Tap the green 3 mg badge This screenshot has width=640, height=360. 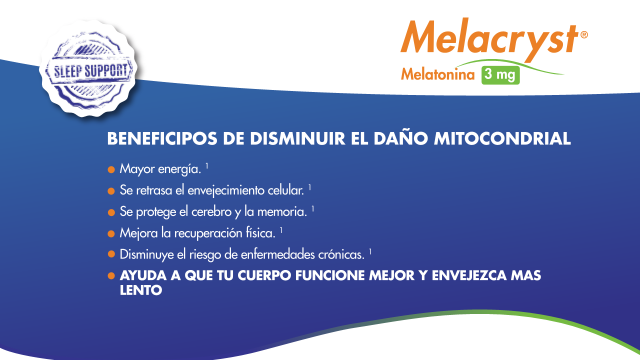500,75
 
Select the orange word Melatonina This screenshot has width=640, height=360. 438,75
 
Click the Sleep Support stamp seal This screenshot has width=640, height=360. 89,69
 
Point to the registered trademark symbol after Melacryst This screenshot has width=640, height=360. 584,35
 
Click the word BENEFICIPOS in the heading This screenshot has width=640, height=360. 162,139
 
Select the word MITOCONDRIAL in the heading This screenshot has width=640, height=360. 502,139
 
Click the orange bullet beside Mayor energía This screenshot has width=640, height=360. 111,169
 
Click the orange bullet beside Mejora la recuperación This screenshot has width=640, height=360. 111,233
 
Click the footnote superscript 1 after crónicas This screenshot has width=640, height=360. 370,251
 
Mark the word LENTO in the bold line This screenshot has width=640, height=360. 141,291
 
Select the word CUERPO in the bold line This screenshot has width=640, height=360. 264,276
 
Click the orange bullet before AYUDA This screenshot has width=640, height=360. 111,276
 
